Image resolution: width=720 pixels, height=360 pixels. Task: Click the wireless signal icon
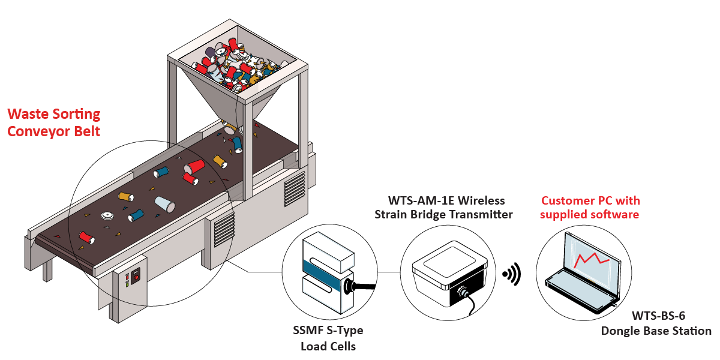tap(512, 275)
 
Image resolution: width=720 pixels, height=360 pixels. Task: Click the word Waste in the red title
tap(31, 114)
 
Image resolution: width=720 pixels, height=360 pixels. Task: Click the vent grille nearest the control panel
tap(223, 229)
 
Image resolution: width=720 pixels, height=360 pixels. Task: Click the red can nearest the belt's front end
tap(86, 238)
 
